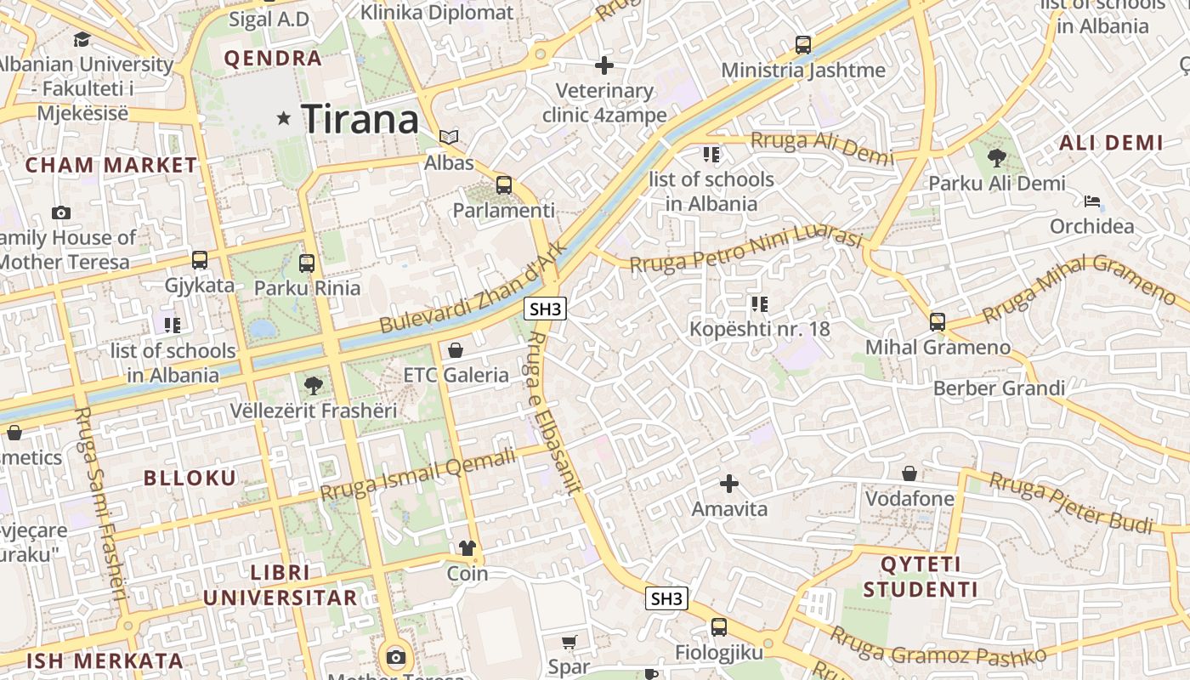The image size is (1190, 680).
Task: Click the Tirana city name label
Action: [x=360, y=118]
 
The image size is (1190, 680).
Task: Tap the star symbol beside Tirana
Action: [x=283, y=119]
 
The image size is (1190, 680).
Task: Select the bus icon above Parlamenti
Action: [x=504, y=184]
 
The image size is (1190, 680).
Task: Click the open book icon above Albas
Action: [x=449, y=137]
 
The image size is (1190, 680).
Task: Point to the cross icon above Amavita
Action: [x=729, y=484]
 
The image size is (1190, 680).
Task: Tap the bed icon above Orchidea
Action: [x=1092, y=201]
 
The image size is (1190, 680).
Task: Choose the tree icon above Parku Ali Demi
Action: [x=996, y=157]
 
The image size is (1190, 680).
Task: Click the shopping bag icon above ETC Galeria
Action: [x=456, y=349]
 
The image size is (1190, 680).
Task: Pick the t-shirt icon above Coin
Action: [x=467, y=548]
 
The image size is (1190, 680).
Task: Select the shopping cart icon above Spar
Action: [x=569, y=642]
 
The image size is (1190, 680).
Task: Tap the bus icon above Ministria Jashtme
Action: [x=803, y=45]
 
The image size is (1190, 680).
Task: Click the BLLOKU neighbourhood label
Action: [x=190, y=478]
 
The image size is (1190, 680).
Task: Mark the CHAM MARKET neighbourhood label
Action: [x=111, y=165]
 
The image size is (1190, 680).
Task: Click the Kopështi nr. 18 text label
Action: [x=760, y=329]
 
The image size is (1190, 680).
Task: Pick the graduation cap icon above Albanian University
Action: [x=82, y=39]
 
